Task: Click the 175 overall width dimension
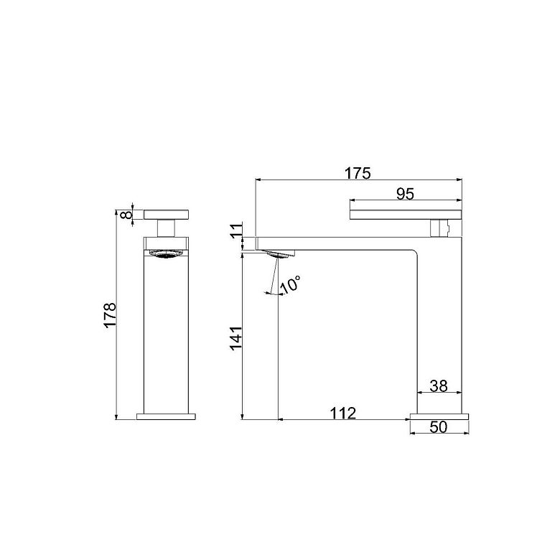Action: (358, 173)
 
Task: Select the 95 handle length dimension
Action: (406, 194)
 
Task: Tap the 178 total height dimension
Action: (111, 314)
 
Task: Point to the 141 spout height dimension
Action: (236, 338)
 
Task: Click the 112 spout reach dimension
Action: (343, 414)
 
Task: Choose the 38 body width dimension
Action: (439, 386)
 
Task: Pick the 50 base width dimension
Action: (439, 426)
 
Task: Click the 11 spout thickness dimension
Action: (236, 230)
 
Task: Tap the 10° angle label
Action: (290, 284)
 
